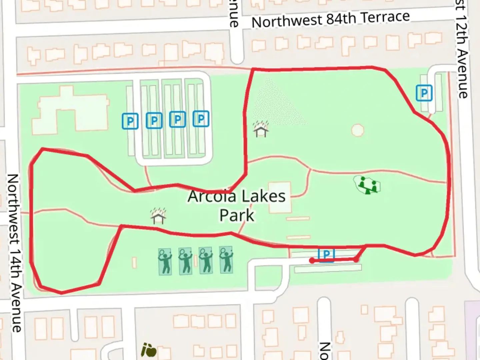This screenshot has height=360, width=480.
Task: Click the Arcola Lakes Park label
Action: (x=236, y=205)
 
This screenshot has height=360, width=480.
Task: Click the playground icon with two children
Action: (x=367, y=185)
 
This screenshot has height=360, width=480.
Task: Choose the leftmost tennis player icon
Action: (x=165, y=261)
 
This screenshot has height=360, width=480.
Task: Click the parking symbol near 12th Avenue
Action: (x=424, y=93)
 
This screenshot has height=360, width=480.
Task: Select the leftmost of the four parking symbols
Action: (x=130, y=121)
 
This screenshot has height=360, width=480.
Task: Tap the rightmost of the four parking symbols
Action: (x=201, y=119)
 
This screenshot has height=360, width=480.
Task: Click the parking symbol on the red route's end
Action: (x=326, y=255)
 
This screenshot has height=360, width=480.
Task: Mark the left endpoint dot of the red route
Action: (x=312, y=261)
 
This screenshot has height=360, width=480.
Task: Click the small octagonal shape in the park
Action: (x=357, y=130)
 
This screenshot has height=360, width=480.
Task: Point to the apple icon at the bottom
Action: (x=149, y=350)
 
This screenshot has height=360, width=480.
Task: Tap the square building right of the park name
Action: (x=279, y=197)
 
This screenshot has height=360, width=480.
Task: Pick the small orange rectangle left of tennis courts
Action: (x=134, y=263)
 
